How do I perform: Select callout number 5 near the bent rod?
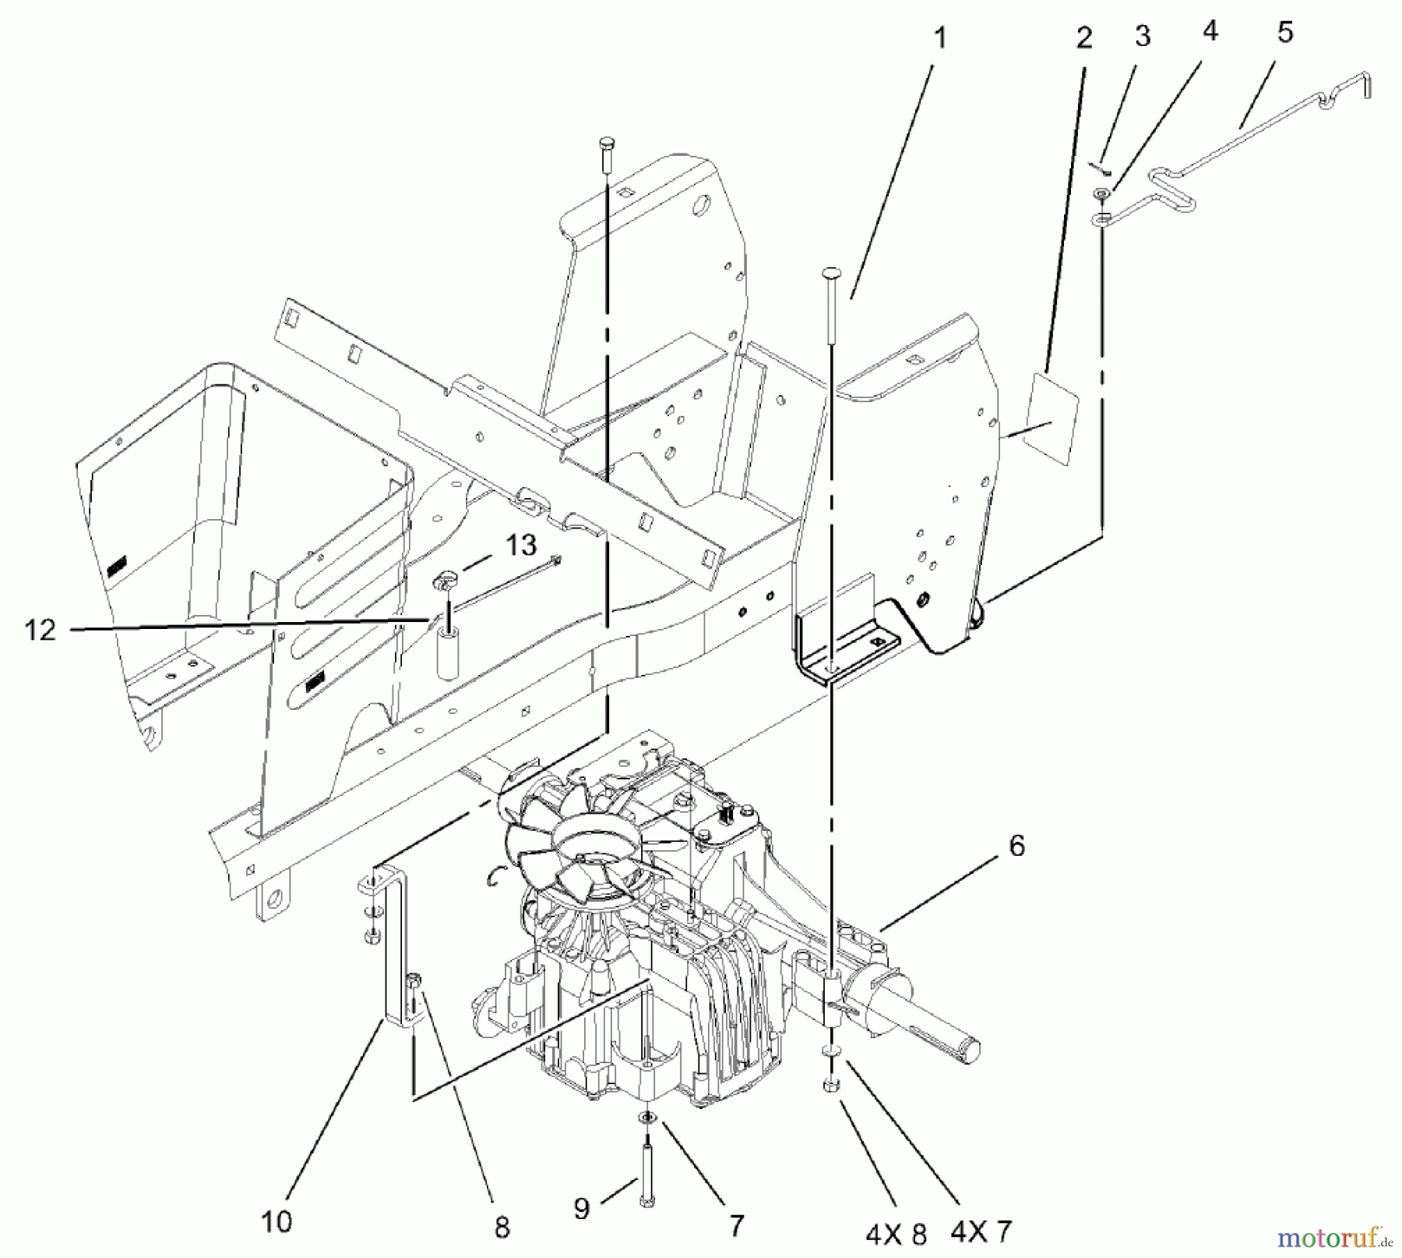click(1284, 33)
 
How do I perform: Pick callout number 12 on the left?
click(41, 629)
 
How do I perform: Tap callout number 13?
click(521, 545)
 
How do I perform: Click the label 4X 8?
click(896, 1232)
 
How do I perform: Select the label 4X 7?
click(981, 1231)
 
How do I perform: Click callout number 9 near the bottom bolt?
click(582, 1207)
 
